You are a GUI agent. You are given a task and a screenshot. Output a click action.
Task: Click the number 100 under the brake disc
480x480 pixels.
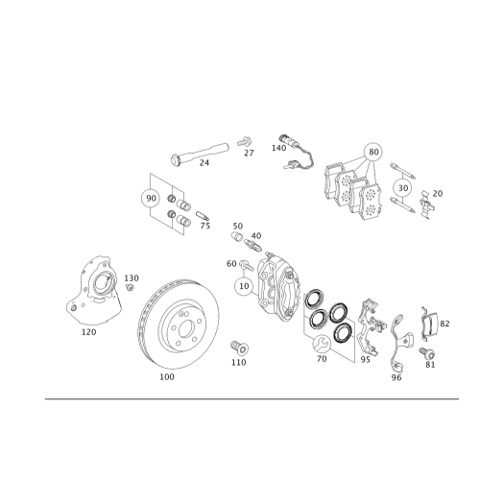167,377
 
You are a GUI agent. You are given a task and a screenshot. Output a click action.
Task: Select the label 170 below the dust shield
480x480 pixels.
89,332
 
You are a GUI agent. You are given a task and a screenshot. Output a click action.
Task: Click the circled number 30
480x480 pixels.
151,200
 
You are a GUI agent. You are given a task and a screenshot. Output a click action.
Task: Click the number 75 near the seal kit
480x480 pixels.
204,227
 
